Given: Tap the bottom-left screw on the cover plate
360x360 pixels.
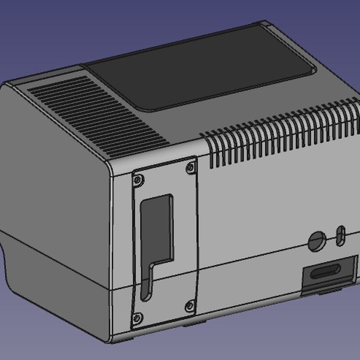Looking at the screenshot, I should coord(137,317).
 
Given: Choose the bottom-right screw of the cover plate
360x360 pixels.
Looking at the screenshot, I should coord(190,306).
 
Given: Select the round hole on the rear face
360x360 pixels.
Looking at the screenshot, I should coord(317,241).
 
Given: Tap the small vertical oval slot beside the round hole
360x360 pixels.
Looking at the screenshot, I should coord(340,235).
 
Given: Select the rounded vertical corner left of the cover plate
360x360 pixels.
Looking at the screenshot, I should coord(111,252).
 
